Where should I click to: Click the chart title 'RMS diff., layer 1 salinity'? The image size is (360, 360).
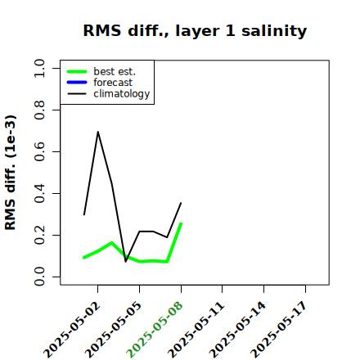coord(195,31)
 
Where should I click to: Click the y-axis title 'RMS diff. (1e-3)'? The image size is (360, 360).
coord(11,173)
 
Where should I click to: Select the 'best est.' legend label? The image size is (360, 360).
coord(115,71)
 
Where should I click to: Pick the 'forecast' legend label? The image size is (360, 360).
coord(113,83)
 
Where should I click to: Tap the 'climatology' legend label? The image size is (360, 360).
coord(122,94)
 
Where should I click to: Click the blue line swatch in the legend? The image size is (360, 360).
coord(77,83)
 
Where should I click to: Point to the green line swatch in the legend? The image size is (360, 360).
coord(77,71)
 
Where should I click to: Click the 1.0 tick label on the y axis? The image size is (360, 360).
coord(39,68)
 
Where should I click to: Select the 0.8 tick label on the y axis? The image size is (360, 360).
coord(39,110)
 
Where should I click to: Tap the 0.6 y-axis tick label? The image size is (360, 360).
coord(39,151)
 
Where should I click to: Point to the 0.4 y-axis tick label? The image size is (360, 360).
coord(39,193)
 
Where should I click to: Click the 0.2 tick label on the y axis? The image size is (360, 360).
coord(39,235)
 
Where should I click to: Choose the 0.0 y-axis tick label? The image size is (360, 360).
coord(39,277)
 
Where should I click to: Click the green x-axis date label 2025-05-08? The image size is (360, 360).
coord(155,330)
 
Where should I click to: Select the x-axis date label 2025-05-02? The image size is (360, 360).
coord(71,330)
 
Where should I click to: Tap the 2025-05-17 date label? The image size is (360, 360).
coord(279,330)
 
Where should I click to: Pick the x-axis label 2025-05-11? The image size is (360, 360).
coord(196,330)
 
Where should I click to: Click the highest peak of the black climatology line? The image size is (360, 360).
coord(98,132)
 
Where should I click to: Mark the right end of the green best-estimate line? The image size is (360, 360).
coord(181,223)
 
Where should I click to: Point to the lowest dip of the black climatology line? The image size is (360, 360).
coord(126,262)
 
